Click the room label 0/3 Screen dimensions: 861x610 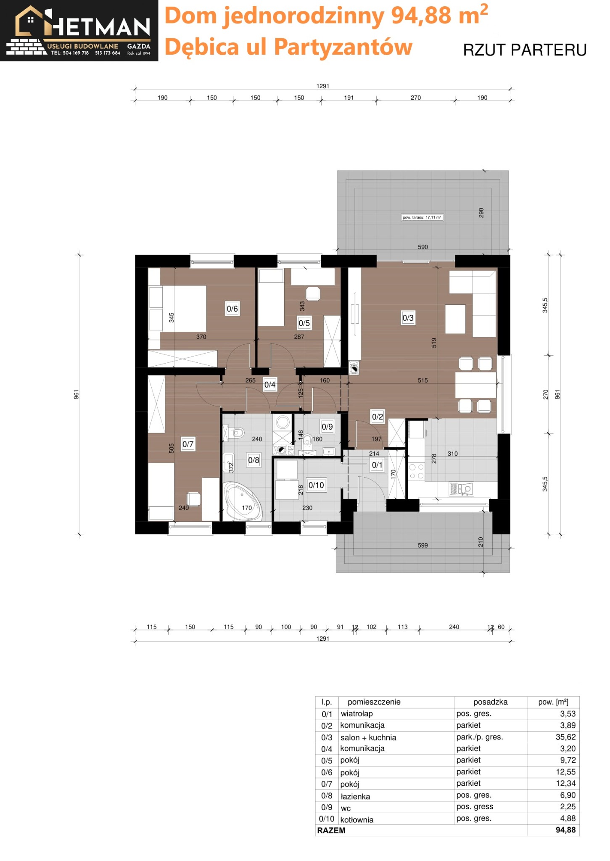pos(408,318)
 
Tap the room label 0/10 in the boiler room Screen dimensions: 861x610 pos(316,485)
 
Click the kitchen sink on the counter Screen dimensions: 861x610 pos(462,489)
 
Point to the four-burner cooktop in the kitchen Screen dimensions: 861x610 pos(416,471)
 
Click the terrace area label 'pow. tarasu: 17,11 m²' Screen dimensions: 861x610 pos(422,217)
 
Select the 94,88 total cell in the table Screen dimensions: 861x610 pos(565,830)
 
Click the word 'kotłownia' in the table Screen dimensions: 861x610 pos(356,819)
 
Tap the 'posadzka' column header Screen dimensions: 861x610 pos(490,702)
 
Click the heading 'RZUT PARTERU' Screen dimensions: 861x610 pos(524,50)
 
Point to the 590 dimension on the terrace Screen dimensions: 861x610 pos(423,247)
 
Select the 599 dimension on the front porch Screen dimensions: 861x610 pos(423,545)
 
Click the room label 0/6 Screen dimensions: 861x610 pos(232,309)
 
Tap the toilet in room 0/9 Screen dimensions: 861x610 pos(308,440)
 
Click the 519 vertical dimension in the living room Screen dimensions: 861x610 pos(434,343)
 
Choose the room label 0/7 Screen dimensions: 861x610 pos(188,444)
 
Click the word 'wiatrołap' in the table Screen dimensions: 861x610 pos(356,713)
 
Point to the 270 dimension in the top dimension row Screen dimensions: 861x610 pos(415,98)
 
